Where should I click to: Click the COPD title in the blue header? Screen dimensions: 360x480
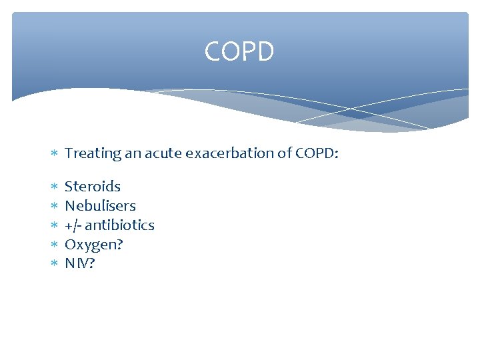point(239,52)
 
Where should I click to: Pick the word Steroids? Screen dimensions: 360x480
point(93,187)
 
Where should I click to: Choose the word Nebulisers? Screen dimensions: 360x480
point(100,206)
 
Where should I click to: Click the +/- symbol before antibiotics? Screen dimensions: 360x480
point(73,225)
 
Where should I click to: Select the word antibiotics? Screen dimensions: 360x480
point(119,225)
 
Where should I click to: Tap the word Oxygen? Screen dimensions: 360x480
point(90,245)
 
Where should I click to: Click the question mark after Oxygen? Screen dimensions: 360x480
point(119,245)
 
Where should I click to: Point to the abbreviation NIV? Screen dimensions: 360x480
point(76,264)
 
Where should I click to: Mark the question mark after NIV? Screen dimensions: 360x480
point(92,264)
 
